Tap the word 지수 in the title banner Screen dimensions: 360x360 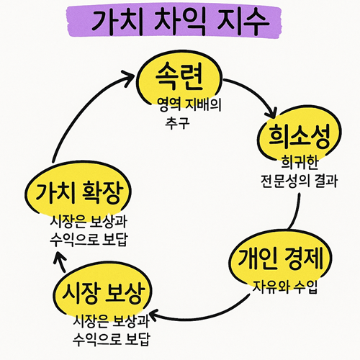coord(243,21)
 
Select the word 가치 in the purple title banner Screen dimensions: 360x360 coord(117,21)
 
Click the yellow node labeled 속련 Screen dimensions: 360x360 coord(179,78)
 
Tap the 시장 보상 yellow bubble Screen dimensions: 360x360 coord(103,292)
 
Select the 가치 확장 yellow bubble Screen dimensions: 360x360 coord(78,191)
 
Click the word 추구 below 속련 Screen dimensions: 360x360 coord(177,123)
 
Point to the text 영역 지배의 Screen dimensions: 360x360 coord(189,104)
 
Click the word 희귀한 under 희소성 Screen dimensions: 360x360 coord(300,162)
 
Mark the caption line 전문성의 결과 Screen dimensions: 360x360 coord(299,181)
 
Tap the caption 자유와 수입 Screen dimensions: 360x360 coord(285,287)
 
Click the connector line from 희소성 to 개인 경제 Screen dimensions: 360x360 coord(297,212)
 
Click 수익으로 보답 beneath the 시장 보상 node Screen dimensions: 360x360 coord(112,339)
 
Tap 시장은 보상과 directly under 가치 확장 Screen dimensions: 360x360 coord(89,221)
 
